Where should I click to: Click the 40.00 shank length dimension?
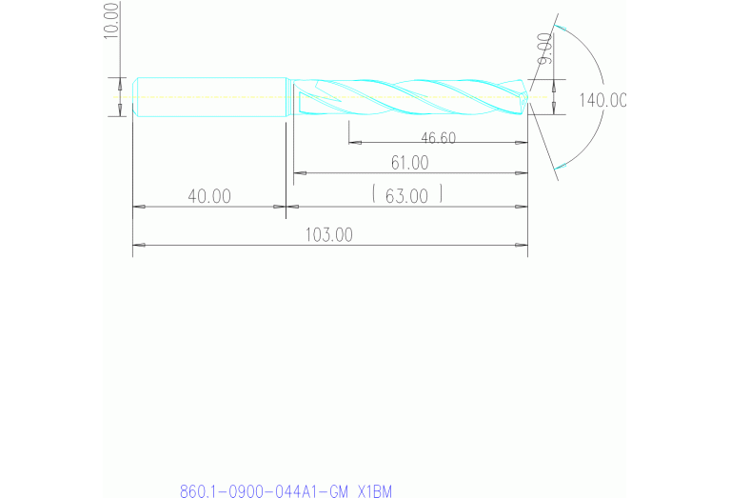point(209,196)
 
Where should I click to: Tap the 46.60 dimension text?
point(439,138)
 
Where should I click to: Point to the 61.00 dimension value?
point(410,164)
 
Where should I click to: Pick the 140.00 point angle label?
point(602,100)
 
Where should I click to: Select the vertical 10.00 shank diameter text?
point(111,19)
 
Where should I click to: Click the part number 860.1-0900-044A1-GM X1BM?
point(286,491)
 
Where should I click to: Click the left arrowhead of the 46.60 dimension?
point(355,143)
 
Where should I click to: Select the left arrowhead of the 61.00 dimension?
point(299,173)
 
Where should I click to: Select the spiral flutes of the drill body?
point(409,95)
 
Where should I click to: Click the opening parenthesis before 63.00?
point(375,196)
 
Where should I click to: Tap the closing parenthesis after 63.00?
point(441,196)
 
